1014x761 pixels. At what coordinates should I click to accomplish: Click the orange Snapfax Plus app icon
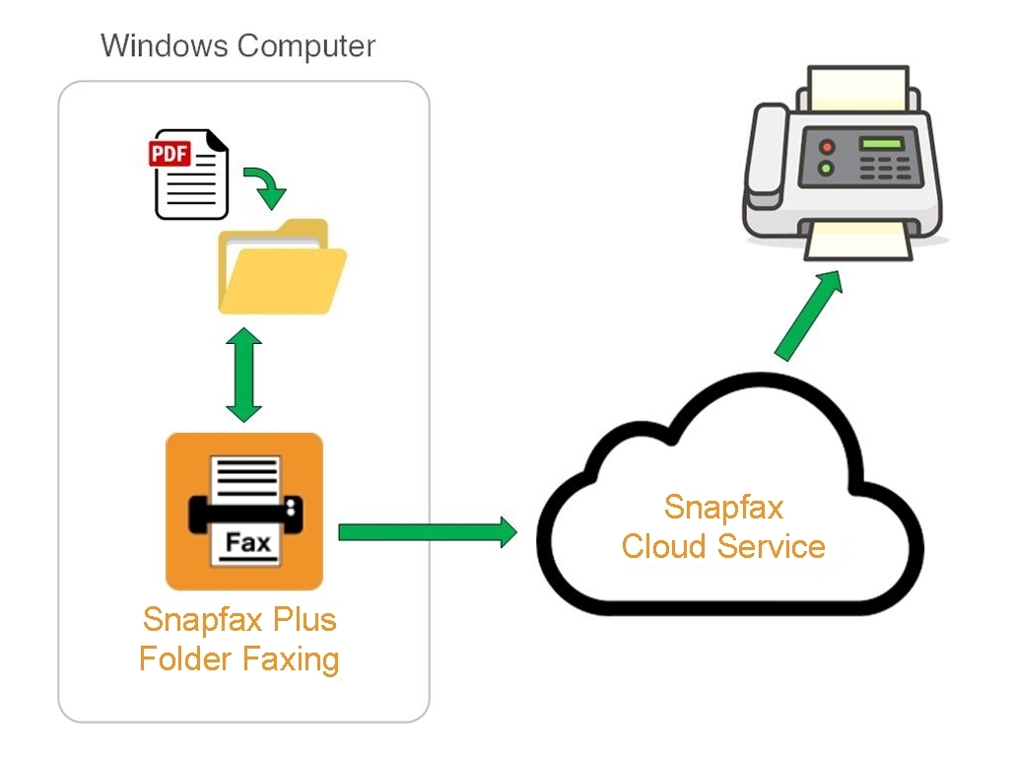(244, 511)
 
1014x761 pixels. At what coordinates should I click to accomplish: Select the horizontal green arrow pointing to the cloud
(427, 532)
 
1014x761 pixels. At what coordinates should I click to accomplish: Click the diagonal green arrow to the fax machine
(809, 312)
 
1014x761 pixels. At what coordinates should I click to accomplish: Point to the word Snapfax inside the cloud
(723, 507)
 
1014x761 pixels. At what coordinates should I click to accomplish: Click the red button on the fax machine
(827, 147)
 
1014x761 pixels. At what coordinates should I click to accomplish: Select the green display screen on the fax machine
(881, 145)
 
